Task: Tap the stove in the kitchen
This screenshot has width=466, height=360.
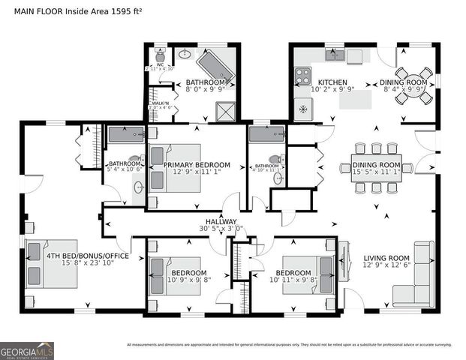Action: (302, 76)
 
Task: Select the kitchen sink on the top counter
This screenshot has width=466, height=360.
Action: (335, 55)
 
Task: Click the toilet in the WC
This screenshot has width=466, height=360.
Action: (160, 55)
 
